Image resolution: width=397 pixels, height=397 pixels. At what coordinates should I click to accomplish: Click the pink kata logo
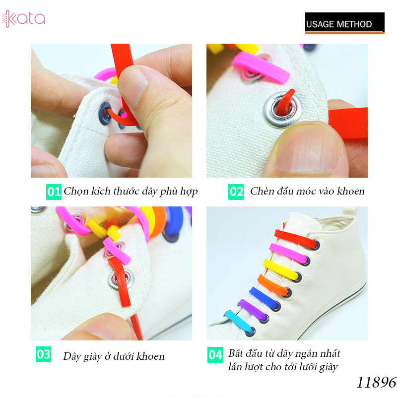coord(23,19)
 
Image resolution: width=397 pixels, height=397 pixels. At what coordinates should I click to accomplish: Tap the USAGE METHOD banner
coord(344,23)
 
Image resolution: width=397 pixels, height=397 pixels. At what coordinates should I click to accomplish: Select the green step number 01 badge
coord(54,192)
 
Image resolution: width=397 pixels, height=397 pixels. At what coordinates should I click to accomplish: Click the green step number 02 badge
coord(236,192)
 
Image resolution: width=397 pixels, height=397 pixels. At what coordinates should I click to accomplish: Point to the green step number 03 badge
coord(43,354)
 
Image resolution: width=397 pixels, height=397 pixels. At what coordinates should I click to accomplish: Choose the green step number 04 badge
coord(215,355)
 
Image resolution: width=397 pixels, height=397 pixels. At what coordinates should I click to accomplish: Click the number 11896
coord(377,382)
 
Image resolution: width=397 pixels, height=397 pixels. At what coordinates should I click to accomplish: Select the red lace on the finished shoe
coord(296,239)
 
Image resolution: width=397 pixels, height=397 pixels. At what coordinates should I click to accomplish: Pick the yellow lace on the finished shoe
coord(281,269)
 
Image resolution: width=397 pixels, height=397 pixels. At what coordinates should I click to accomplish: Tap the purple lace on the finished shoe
coord(252,308)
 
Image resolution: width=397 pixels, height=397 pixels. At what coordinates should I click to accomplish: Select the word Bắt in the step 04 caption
coord(236,353)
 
